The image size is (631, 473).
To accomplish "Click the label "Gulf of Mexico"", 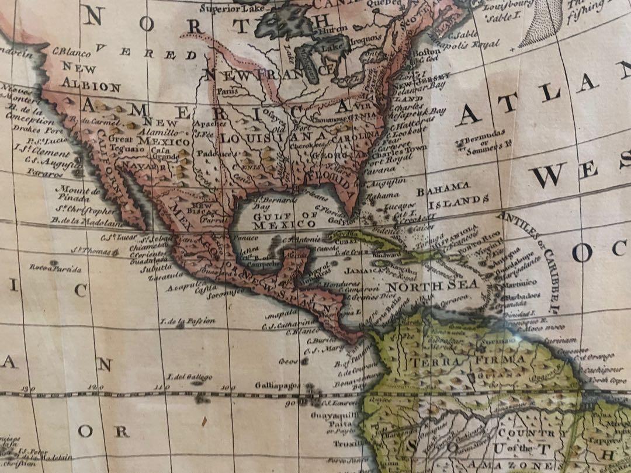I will point(277,220).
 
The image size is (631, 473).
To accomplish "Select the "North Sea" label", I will point(432,286).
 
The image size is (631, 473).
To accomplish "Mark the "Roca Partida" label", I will point(56,267).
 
